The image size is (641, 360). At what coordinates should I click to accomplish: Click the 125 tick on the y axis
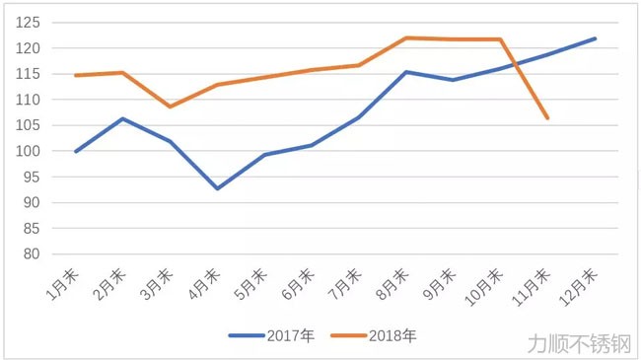[x=32, y=23]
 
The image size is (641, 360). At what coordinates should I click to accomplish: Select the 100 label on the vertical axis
[x=32, y=151]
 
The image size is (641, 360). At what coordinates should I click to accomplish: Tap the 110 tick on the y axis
[x=32, y=100]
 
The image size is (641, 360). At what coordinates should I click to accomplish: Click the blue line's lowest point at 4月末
[x=217, y=188]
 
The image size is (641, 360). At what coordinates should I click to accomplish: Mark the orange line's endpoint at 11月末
[x=547, y=118]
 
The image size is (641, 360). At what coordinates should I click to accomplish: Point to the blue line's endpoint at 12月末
[x=595, y=38]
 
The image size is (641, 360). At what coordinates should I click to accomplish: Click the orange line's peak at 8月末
[x=405, y=37]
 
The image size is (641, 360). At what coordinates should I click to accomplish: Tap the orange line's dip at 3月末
[x=170, y=107]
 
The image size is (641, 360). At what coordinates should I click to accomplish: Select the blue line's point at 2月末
[x=122, y=118]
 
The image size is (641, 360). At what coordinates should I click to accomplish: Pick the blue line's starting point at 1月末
[x=75, y=152]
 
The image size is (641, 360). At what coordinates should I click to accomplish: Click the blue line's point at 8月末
[x=405, y=72]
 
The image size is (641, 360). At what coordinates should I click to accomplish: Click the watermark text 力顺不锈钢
[x=579, y=343]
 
